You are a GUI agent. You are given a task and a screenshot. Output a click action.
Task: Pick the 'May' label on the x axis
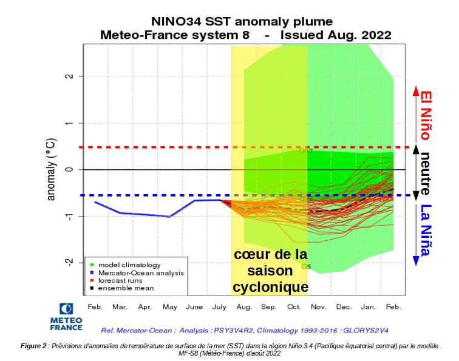point(169,306)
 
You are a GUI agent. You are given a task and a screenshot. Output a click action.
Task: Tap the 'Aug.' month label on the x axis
point(244,306)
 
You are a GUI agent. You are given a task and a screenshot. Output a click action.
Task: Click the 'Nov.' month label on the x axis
point(319,306)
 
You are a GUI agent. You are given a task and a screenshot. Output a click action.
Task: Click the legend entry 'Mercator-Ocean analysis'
point(139,272)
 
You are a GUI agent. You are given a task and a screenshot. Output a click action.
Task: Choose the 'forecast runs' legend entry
point(123,280)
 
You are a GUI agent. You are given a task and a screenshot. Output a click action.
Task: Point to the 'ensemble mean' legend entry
point(126,288)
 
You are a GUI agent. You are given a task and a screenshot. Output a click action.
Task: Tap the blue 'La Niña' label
point(427,231)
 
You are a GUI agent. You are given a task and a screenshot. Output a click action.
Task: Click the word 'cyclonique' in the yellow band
point(271,286)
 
